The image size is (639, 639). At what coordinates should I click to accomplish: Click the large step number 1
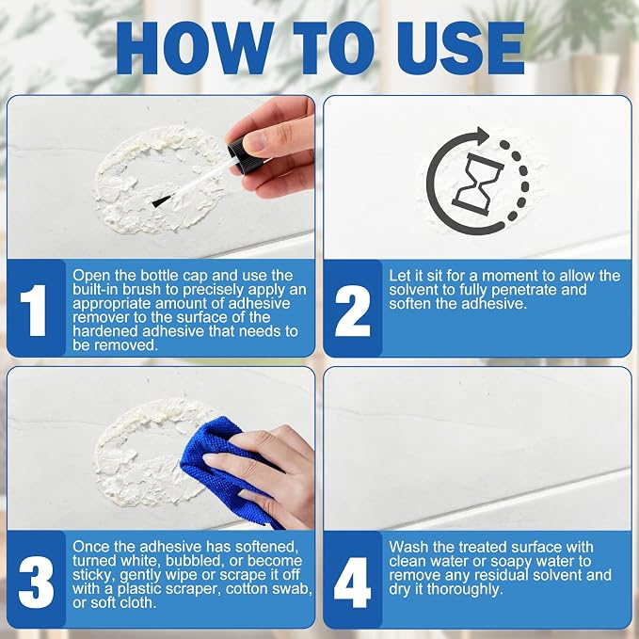34,311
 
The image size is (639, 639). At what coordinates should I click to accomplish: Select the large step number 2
353,311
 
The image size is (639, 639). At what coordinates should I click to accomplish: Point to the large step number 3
36,582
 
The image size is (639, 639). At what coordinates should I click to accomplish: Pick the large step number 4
353,583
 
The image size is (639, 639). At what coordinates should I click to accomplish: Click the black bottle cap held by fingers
240,152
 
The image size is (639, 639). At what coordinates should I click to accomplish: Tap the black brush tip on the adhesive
161,200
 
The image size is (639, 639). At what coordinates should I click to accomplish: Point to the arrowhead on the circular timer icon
482,136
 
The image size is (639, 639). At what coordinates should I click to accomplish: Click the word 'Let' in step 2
398,276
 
